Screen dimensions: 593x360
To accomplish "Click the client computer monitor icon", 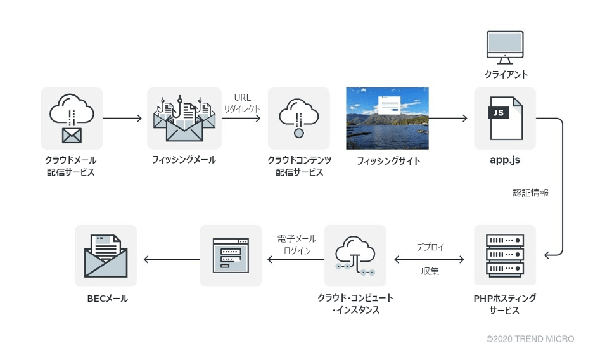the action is tap(505, 48).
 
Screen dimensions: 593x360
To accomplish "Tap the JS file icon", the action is tap(506, 119).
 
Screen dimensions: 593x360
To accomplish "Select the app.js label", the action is tap(505, 160).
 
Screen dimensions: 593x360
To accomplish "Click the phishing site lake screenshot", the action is tap(387, 119).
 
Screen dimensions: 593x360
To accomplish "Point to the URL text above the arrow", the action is tap(243, 98).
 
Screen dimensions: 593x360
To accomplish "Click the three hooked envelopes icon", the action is tap(184, 119).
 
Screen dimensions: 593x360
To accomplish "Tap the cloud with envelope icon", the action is tap(72, 119).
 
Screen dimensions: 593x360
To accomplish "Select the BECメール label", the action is tap(108, 299).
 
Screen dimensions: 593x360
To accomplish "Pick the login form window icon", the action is tap(231, 255).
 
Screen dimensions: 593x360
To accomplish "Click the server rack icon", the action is tap(505, 255).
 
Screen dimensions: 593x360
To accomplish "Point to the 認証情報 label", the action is tap(531, 193).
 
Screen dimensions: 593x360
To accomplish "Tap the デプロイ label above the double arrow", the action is tap(430, 247).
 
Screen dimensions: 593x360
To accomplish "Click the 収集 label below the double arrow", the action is tap(430, 271).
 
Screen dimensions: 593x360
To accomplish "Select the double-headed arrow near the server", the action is tap(430, 259).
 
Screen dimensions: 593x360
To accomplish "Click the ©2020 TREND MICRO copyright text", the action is tap(530, 339).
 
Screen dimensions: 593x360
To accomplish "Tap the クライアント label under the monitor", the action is tap(506, 75).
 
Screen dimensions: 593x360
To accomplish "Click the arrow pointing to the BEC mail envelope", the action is tap(172, 259).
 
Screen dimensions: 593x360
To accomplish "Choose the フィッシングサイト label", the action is tap(388, 161).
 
